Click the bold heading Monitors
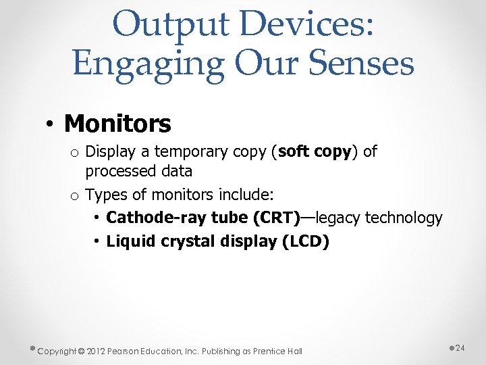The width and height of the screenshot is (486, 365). click(x=117, y=124)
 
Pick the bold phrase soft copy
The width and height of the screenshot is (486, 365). click(x=315, y=151)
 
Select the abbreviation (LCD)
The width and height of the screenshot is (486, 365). click(x=304, y=241)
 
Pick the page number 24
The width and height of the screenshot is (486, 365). click(x=460, y=347)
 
